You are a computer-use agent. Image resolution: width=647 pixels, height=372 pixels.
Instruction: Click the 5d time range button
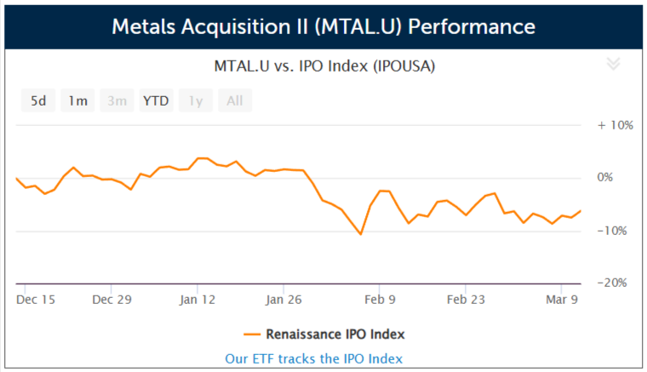tap(38, 100)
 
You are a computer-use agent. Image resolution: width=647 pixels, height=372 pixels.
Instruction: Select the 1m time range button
tap(77, 100)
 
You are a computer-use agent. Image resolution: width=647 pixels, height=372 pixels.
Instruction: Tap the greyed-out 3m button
tap(117, 100)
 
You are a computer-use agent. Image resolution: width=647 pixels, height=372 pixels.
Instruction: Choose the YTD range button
tap(156, 100)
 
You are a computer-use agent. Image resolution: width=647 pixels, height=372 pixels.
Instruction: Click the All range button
tap(234, 100)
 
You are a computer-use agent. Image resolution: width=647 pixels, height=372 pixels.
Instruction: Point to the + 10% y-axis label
tap(615, 125)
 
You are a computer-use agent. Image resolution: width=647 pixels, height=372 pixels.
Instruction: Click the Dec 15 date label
tap(36, 300)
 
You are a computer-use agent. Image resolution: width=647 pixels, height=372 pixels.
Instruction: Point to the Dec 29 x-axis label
tap(112, 300)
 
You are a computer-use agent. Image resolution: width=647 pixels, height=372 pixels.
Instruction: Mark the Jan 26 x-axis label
tap(283, 300)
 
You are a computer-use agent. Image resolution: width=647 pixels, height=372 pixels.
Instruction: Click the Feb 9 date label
tap(380, 300)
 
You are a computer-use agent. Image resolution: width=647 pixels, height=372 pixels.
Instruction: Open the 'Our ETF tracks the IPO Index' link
tap(313, 358)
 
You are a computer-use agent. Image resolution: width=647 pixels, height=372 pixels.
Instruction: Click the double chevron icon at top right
tap(613, 65)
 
